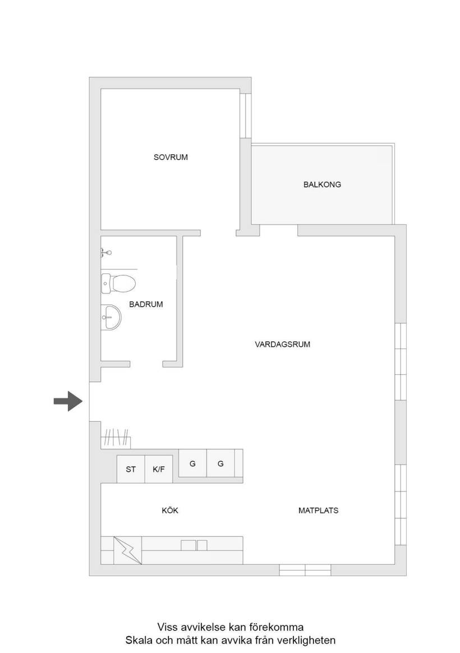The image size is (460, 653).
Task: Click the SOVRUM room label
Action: (171, 158)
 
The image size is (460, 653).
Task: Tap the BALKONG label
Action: (322, 185)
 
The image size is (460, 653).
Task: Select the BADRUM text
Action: (146, 305)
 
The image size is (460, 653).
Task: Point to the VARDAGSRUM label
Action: (282, 344)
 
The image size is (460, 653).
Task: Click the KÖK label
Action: (170, 510)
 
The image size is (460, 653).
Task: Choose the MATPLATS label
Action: (319, 511)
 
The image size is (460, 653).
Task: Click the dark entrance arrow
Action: (68, 402)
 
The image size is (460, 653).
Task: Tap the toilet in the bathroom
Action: (118, 284)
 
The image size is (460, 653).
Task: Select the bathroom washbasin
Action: (111, 317)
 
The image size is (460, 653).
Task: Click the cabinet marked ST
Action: (131, 470)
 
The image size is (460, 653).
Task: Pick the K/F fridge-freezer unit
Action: (159, 470)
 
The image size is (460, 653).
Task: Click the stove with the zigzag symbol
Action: (128, 550)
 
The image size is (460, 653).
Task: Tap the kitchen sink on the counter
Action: (194, 545)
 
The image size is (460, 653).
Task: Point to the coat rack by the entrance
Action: (116, 439)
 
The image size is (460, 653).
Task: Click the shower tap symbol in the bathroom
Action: (105, 252)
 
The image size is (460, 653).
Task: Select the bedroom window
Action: (246, 116)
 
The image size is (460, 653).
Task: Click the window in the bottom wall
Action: (305, 570)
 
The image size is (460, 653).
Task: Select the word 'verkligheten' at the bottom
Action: (309, 640)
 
